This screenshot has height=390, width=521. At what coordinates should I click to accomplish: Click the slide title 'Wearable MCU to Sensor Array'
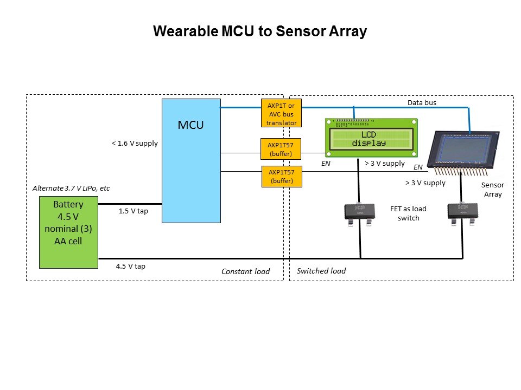[x=260, y=31]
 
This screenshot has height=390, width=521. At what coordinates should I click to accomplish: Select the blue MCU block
[x=191, y=160]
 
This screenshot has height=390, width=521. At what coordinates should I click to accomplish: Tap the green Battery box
[x=68, y=232]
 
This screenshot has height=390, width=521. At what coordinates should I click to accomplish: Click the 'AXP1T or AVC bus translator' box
[x=281, y=114]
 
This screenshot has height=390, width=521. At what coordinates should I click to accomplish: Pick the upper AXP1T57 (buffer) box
[x=281, y=149]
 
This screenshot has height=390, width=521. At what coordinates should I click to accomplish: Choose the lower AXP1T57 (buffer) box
[x=281, y=177]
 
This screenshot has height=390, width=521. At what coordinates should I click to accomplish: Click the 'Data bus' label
[x=422, y=102]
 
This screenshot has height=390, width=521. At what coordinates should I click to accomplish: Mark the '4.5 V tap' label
[x=130, y=266]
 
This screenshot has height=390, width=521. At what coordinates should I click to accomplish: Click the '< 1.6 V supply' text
[x=135, y=144]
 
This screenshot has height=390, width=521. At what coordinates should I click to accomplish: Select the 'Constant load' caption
[x=245, y=271]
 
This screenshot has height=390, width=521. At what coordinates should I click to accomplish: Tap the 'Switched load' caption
[x=321, y=271]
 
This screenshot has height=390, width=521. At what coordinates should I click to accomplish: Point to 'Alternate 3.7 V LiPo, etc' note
[x=71, y=188]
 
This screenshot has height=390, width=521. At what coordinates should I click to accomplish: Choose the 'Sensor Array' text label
[x=493, y=189]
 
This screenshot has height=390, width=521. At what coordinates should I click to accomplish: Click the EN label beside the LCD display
[x=326, y=162]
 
